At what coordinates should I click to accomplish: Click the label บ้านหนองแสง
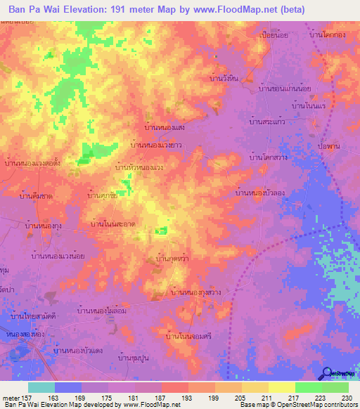(164, 128)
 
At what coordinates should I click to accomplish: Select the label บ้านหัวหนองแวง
(139, 168)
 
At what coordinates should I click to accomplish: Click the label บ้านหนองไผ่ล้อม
(102, 310)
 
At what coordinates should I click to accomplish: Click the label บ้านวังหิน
(225, 79)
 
